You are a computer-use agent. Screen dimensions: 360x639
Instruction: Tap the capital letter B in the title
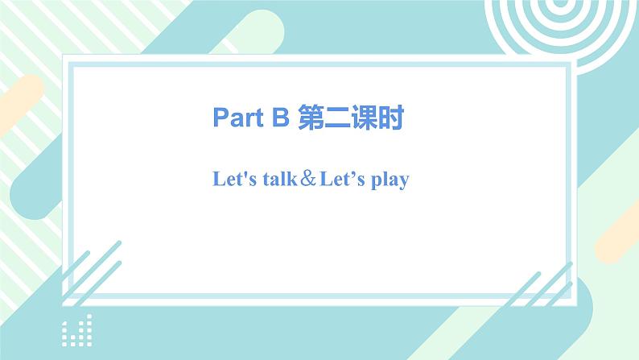coord(280,118)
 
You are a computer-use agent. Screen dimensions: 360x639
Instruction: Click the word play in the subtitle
coord(388,180)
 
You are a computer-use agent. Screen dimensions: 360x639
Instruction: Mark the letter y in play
coord(403,182)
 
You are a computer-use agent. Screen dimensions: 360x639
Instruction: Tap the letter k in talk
coord(293,179)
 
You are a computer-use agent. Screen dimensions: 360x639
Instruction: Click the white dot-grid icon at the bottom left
coord(77,330)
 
